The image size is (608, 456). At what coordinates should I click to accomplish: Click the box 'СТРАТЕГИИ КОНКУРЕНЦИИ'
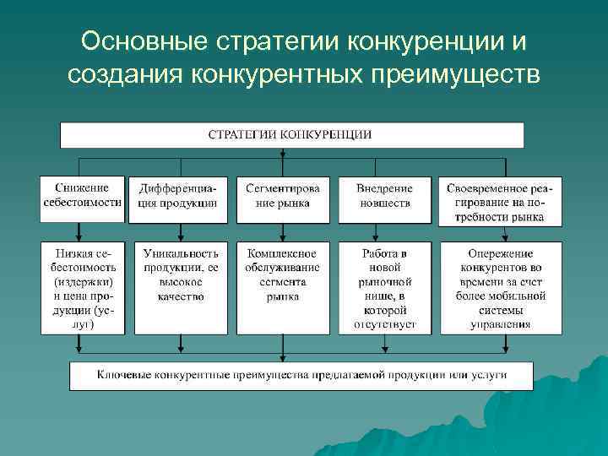pyautogui.click(x=291, y=135)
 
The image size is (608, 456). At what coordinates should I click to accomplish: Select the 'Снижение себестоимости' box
pyautogui.click(x=83, y=195)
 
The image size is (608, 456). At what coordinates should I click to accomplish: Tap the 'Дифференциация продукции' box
pyautogui.click(x=178, y=195)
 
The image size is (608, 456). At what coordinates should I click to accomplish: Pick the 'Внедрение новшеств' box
pyautogui.click(x=384, y=195)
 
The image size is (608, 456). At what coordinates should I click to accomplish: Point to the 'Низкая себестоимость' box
pyautogui.click(x=83, y=287)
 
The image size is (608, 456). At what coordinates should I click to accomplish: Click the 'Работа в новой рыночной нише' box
pyautogui.click(x=384, y=287)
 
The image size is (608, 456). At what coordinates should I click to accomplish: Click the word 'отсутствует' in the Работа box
pyautogui.click(x=385, y=323)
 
